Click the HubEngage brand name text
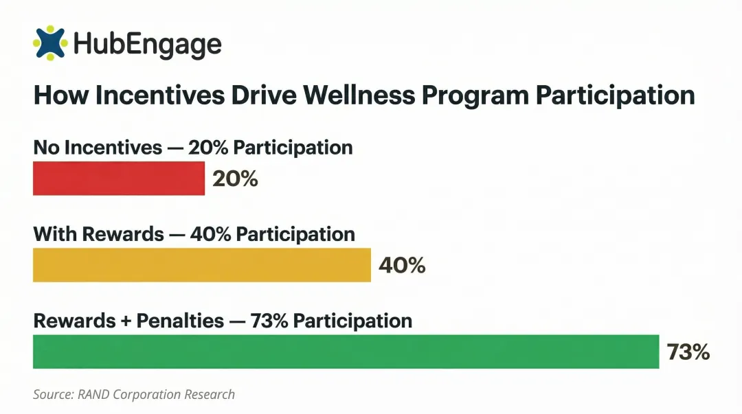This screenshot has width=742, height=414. [147, 45]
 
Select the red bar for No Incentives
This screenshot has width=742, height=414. [119, 179]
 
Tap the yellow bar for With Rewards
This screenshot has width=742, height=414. [201, 265]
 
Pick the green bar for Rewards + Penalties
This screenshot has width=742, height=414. [346, 352]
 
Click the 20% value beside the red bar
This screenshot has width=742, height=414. [235, 179]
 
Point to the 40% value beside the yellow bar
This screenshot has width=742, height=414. [402, 265]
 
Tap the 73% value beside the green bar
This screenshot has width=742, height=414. [688, 352]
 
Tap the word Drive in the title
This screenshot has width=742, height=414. [254, 95]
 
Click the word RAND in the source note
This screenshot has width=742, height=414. [93, 394]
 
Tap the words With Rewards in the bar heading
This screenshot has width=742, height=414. [98, 234]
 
